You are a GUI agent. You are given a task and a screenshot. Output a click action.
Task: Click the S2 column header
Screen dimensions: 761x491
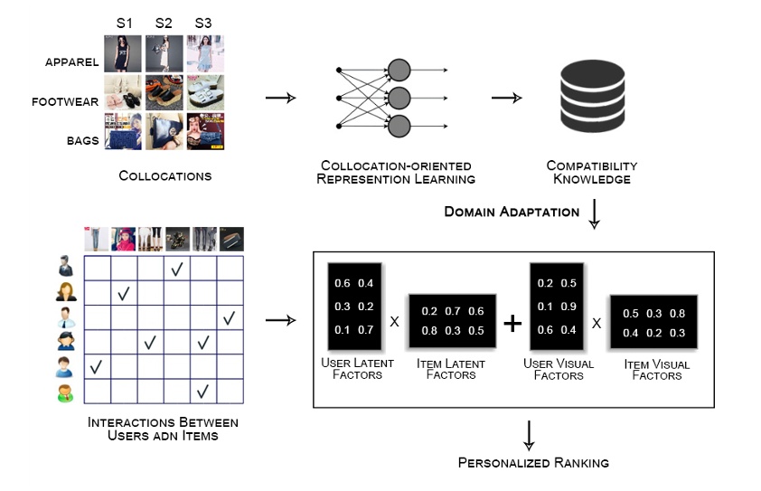pyautogui.click(x=164, y=23)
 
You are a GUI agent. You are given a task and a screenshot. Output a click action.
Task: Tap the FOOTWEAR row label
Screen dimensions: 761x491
pyautogui.click(x=65, y=101)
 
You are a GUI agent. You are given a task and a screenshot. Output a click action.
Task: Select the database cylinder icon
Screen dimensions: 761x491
pyautogui.click(x=592, y=96)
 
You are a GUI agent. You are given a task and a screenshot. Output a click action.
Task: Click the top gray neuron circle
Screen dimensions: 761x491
pyautogui.click(x=399, y=70)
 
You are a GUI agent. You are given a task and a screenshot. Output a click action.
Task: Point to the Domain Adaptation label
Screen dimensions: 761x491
pyautogui.click(x=512, y=212)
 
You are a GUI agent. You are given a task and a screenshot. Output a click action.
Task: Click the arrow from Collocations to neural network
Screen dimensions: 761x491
pyautogui.click(x=280, y=98)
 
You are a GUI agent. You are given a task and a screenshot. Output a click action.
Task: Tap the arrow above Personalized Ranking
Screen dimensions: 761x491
pyautogui.click(x=529, y=436)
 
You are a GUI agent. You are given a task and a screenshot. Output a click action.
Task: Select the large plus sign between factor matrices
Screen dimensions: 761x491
pyautogui.click(x=512, y=323)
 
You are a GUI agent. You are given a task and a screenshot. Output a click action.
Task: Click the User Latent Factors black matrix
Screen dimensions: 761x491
pyautogui.click(x=354, y=307)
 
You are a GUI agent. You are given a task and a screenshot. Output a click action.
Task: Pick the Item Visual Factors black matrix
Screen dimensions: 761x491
pyautogui.click(x=653, y=322)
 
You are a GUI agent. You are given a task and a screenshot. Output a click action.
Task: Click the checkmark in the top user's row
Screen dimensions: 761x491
pyautogui.click(x=176, y=269)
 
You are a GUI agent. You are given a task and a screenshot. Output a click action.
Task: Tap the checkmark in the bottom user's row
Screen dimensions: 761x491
pyautogui.click(x=202, y=391)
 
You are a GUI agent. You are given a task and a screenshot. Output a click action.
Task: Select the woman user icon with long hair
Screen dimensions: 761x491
pyautogui.click(x=66, y=291)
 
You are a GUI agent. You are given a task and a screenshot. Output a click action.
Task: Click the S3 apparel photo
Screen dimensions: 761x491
pyautogui.click(x=205, y=53)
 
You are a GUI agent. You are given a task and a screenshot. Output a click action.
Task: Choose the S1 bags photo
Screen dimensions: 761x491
pyautogui.click(x=123, y=132)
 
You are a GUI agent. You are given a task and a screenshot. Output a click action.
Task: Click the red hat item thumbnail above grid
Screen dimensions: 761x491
pyautogui.click(x=123, y=239)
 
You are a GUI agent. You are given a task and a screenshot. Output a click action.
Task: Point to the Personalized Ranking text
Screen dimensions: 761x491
pyautogui.click(x=533, y=462)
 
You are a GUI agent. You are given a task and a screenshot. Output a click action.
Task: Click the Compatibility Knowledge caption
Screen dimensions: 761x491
pyautogui.click(x=592, y=173)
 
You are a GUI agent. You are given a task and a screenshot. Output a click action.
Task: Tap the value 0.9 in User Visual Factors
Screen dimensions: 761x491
pyautogui.click(x=568, y=307)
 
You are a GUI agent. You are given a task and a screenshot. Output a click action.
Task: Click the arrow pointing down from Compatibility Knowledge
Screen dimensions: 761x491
pyautogui.click(x=594, y=213)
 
